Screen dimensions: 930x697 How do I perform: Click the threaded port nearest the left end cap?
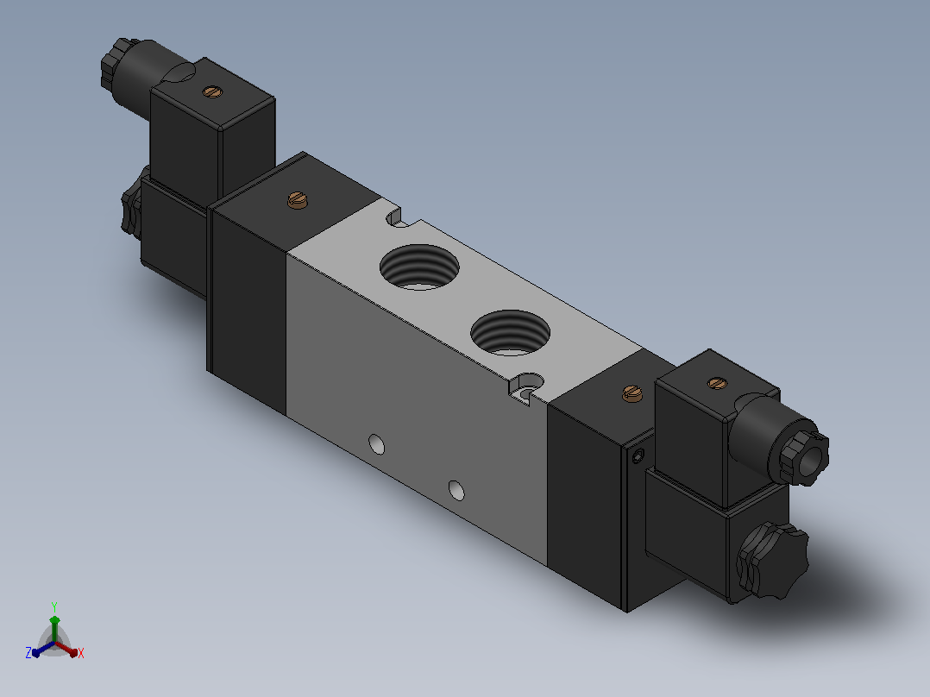pos(419,267)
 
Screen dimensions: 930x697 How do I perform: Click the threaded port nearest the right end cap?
pos(510,333)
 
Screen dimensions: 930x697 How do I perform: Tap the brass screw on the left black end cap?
pos(298,200)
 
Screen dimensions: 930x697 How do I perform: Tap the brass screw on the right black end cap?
pos(633,393)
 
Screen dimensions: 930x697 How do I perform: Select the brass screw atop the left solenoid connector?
pos(211,91)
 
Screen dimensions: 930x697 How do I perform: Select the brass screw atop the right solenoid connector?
pos(718,383)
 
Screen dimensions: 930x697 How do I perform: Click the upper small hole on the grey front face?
pos(377,444)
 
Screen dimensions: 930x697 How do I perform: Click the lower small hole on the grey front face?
pos(456,491)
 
